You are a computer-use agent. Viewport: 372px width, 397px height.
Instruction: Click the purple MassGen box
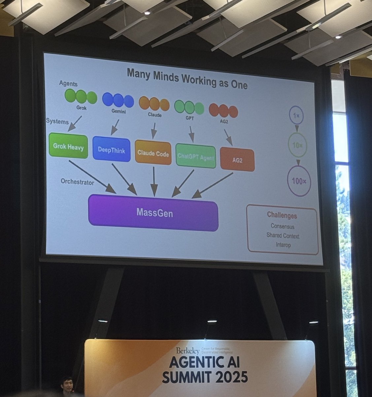(153, 213)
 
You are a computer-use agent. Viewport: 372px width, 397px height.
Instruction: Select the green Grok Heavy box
(68, 146)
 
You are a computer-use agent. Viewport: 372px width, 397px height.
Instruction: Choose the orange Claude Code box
(153, 154)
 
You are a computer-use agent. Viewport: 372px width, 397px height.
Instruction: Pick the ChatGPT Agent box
(196, 156)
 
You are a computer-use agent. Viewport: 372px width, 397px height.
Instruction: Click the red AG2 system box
(237, 160)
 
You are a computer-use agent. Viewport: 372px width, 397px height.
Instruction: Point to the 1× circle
(296, 115)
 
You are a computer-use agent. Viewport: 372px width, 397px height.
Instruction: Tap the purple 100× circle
(299, 181)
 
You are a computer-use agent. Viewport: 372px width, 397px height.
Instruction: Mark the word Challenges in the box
(282, 216)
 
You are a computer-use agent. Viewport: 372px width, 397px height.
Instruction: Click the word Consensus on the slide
(282, 227)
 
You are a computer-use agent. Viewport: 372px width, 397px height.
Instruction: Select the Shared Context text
(283, 236)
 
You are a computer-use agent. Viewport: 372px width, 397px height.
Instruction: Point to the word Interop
(283, 245)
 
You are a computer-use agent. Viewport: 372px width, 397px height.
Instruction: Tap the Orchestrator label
(77, 182)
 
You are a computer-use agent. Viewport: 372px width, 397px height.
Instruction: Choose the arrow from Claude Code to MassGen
(153, 180)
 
